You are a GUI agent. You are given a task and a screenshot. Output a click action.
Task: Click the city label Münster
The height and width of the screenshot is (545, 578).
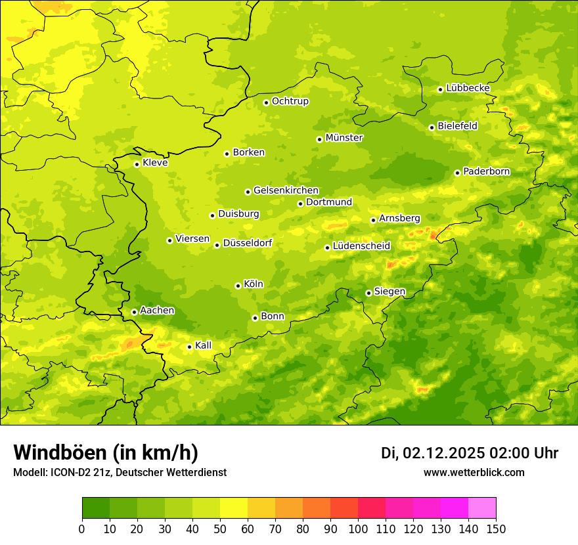(344, 138)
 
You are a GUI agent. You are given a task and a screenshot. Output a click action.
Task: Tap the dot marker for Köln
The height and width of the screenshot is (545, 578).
(238, 286)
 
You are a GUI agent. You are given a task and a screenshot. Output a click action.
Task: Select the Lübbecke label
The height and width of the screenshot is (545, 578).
(468, 88)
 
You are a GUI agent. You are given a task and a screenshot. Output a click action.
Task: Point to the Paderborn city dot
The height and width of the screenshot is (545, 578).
(457, 173)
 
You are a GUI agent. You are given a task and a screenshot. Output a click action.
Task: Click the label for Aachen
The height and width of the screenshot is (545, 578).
(157, 311)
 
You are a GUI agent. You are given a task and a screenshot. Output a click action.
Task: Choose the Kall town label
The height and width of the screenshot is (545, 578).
(204, 345)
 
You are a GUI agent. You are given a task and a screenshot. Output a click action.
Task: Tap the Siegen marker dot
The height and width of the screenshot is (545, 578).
(368, 293)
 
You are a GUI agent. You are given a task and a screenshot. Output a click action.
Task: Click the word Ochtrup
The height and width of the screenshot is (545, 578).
(290, 101)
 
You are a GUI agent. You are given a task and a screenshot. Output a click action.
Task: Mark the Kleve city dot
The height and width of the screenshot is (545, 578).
(137, 164)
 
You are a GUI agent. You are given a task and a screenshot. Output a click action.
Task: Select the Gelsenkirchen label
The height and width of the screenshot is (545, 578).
(286, 190)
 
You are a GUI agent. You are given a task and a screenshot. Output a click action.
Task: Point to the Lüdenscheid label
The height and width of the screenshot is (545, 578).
(361, 246)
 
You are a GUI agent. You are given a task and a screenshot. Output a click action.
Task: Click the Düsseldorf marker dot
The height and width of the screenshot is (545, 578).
(217, 245)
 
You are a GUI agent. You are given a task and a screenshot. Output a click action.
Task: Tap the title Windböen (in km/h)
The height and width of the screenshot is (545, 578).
(105, 452)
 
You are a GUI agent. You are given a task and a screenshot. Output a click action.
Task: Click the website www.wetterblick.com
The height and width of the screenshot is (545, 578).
(474, 472)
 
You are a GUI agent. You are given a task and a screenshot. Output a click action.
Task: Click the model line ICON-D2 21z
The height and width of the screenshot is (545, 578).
(75, 472)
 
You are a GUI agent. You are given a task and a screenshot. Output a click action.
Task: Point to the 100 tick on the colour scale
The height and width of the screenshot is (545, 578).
(358, 529)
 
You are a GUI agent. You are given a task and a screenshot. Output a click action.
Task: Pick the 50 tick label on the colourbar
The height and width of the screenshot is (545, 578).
(220, 529)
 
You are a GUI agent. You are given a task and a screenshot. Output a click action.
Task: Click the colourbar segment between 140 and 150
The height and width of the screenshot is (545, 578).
(482, 508)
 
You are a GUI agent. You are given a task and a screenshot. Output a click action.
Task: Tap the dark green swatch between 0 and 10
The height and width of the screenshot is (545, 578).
(96, 508)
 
